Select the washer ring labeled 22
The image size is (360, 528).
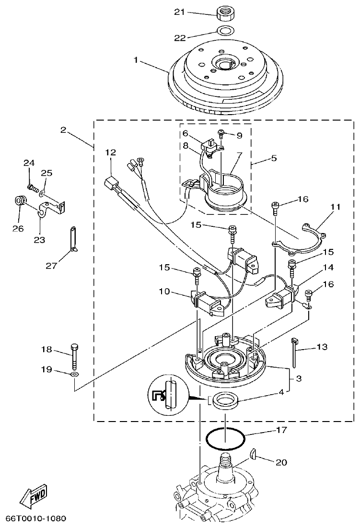click(223, 32)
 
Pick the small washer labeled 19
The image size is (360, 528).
click(75, 374)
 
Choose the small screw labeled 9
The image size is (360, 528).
click(222, 134)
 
